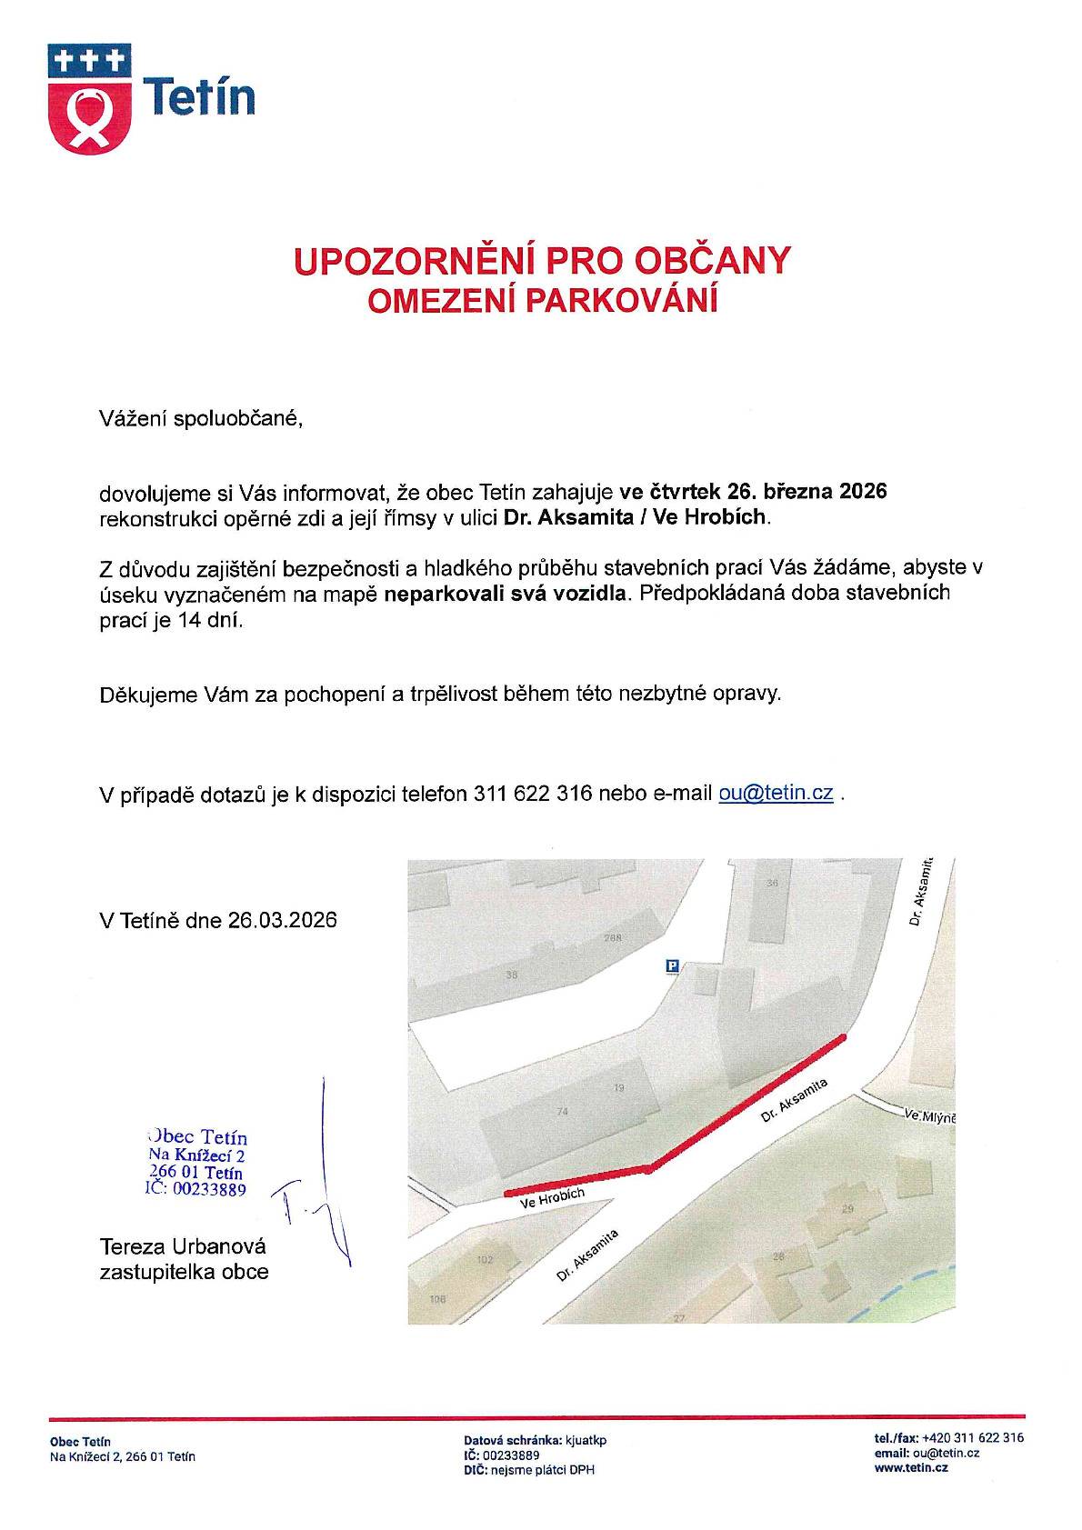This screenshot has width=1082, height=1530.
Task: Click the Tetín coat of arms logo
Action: tap(89, 99)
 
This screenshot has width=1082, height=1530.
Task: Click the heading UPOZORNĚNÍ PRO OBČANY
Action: tap(542, 261)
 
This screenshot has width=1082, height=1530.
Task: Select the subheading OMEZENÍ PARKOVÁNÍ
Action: tap(542, 301)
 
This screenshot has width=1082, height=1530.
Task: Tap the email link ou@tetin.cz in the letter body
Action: tap(776, 793)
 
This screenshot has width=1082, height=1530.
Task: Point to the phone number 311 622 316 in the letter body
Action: tap(534, 793)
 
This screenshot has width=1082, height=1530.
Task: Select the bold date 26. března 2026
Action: tap(806, 492)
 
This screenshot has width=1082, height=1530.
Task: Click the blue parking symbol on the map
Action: tap(673, 966)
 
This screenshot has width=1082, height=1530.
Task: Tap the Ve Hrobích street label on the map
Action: tap(552, 1198)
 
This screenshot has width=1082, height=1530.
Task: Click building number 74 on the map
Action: tap(562, 1111)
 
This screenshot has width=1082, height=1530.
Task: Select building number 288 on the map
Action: tap(611, 939)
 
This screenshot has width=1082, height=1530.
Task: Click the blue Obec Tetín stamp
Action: tap(197, 1162)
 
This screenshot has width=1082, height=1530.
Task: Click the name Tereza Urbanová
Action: tap(183, 1246)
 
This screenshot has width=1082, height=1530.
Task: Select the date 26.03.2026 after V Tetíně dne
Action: tap(283, 920)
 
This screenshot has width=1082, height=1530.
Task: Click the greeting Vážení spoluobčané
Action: tap(199, 419)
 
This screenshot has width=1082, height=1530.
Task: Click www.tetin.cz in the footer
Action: tap(911, 1468)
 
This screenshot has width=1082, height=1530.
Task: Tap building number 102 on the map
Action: tap(485, 1260)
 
